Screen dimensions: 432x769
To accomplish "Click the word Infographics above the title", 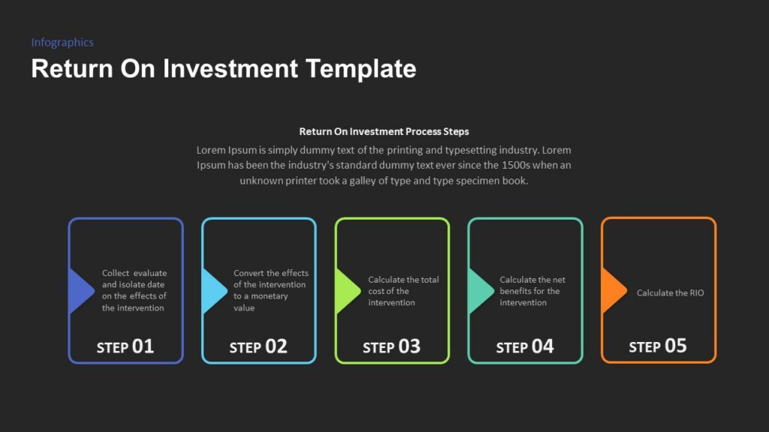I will (x=62, y=43).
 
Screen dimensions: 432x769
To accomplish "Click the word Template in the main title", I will (x=360, y=69).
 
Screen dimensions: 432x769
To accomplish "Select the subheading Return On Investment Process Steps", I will (x=384, y=131).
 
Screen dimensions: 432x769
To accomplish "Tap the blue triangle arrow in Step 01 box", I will (x=80, y=290).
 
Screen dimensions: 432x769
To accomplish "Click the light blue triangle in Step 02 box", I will (x=213, y=290).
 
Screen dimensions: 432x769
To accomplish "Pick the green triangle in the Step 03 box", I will (x=346, y=290).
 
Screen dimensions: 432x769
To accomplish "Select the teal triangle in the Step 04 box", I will (x=479, y=290).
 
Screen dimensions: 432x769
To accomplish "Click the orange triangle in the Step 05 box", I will (x=612, y=290).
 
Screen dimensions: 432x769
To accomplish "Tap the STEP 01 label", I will (x=125, y=346).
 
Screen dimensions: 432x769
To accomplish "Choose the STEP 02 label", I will (x=258, y=346).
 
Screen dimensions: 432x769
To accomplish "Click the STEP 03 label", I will (x=391, y=346).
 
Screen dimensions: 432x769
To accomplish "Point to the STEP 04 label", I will (x=525, y=346).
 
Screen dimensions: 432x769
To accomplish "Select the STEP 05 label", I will (x=658, y=346).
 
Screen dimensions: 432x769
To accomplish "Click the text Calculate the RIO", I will (x=670, y=292).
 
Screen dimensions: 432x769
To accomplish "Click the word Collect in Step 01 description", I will (x=115, y=273).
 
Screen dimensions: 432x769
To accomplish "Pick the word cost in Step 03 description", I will (x=376, y=291).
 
